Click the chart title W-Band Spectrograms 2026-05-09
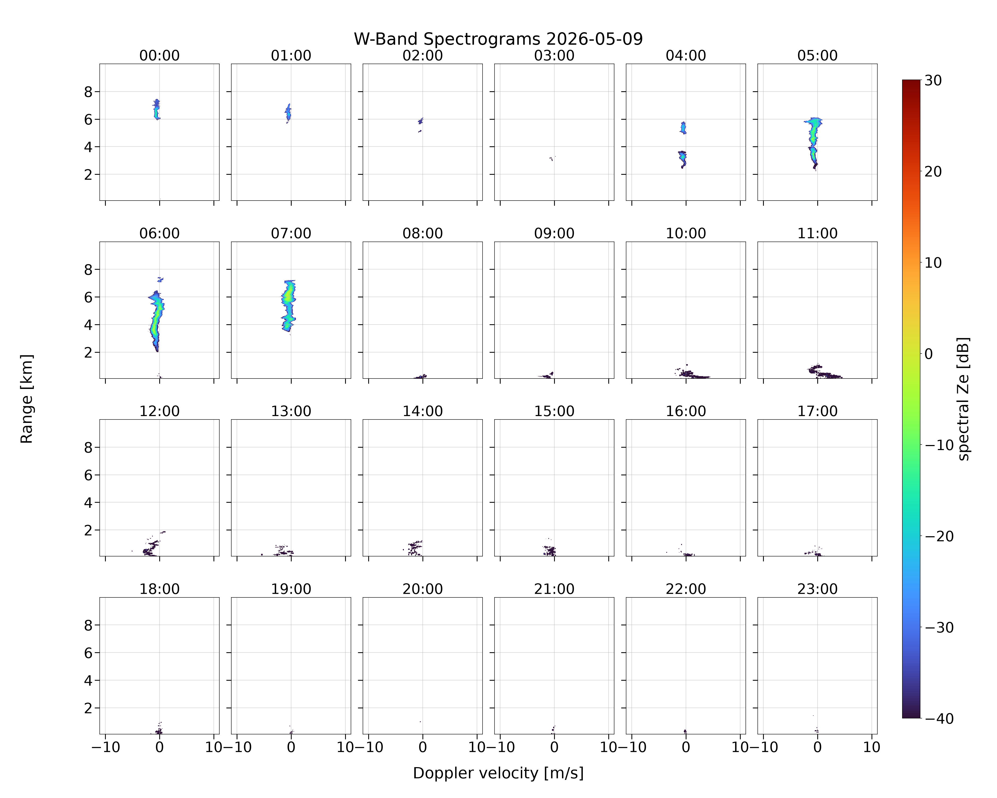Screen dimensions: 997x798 (498, 39)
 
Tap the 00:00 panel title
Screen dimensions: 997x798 (160, 56)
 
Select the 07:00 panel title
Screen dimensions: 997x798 (291, 233)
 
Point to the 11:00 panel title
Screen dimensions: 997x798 (817, 233)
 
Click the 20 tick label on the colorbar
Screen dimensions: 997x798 (933, 172)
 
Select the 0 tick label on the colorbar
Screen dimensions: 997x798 (929, 354)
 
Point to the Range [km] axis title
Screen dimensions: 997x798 (27, 399)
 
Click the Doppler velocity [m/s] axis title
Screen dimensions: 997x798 (498, 773)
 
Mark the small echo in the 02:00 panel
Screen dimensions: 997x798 (420, 121)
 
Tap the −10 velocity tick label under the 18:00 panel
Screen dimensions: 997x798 (106, 747)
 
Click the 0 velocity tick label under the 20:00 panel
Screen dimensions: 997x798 (423, 747)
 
